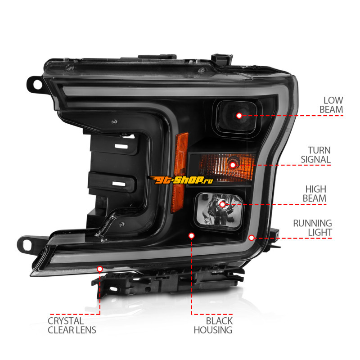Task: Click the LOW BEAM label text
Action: (331, 105)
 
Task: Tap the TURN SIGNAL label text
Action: (316, 155)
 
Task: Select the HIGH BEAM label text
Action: (315, 194)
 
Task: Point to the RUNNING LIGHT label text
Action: (312, 228)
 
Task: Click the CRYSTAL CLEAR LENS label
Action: (72, 325)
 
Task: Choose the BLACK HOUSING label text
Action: (213, 325)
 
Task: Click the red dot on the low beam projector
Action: (239, 116)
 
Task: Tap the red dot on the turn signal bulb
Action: (233, 165)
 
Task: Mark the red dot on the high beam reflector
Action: (222, 204)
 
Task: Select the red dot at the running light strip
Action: (252, 238)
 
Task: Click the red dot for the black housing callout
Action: (192, 235)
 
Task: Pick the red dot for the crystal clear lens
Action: (100, 269)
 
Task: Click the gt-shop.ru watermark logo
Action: (181, 180)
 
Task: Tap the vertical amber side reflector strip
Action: (179, 173)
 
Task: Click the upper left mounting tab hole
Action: (37, 85)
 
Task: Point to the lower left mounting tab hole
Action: (27, 245)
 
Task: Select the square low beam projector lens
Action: (237, 117)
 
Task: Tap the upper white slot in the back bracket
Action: (121, 146)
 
